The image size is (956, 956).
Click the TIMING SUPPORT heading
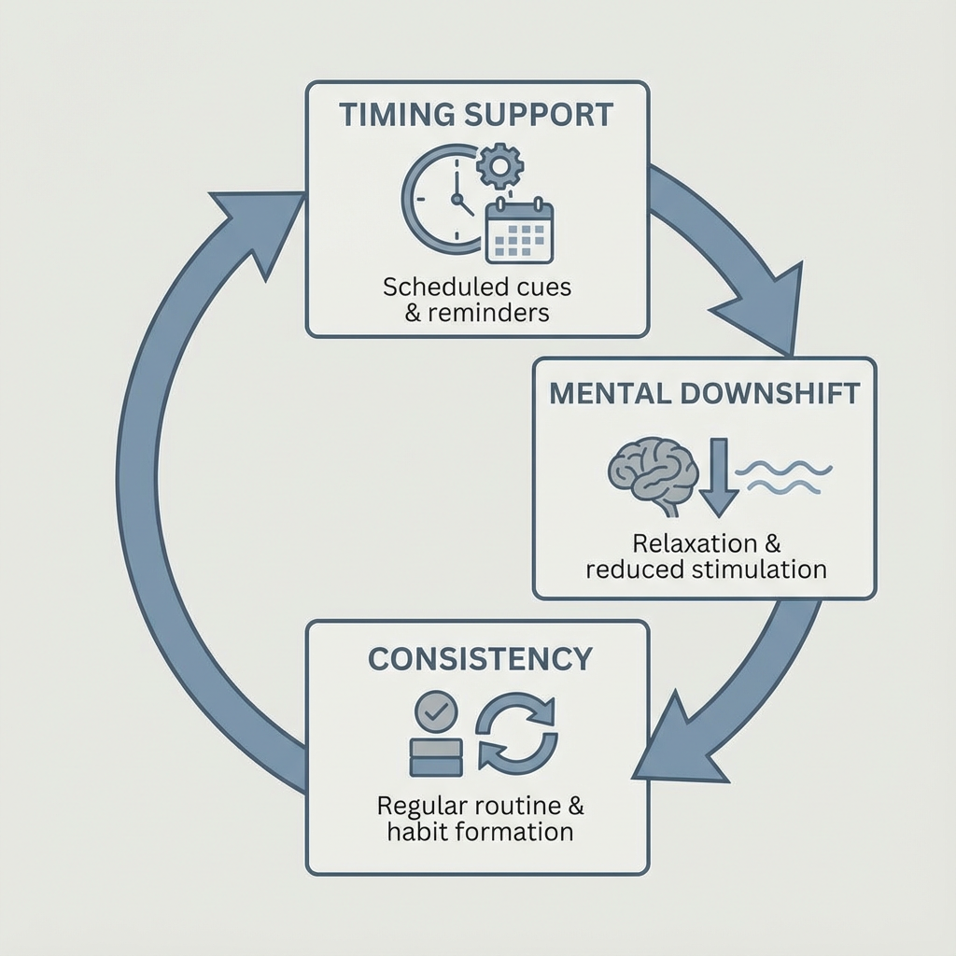tap(476, 115)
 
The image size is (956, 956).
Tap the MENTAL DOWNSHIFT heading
tap(704, 393)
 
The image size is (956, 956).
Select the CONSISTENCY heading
tap(480, 658)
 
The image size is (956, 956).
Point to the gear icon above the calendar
tap(500, 165)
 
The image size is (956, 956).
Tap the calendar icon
tap(519, 232)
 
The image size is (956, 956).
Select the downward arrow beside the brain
tap(719, 477)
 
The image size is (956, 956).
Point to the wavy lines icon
tap(783, 477)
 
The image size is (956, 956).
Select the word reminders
tap(488, 314)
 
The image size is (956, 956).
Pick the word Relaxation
tap(693, 543)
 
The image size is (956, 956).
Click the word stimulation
tap(759, 569)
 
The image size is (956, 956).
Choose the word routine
tap(517, 806)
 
